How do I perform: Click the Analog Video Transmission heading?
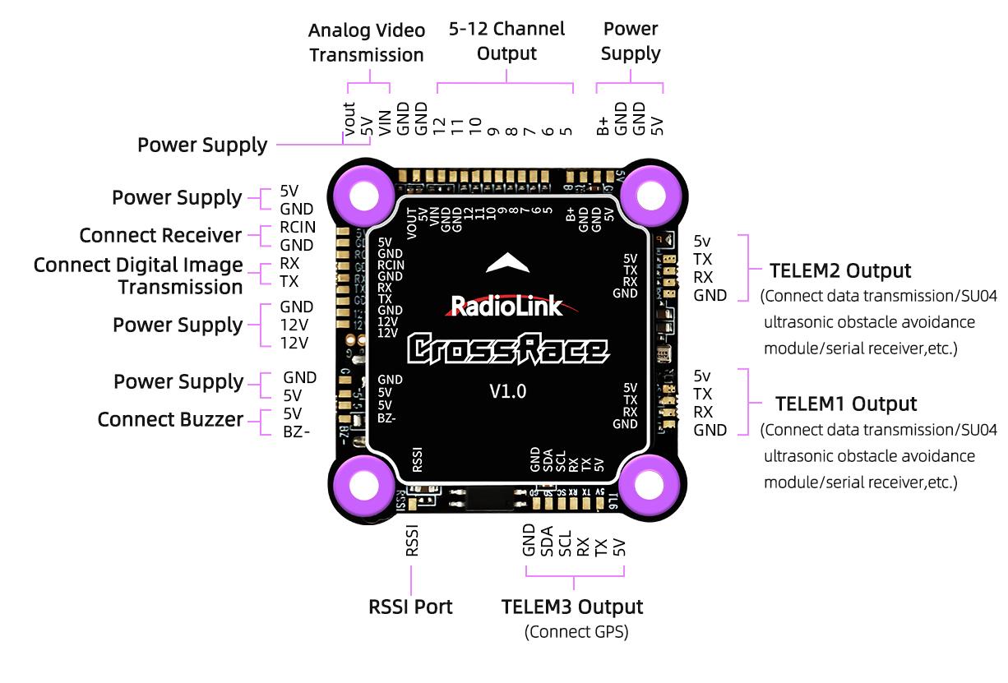click(367, 43)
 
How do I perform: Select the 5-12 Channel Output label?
click(506, 41)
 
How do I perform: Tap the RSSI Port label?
click(410, 607)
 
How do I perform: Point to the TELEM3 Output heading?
click(572, 607)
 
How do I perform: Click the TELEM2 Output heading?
click(839, 270)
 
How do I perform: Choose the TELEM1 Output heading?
click(846, 404)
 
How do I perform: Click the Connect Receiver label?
click(160, 236)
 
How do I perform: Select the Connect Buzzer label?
click(170, 419)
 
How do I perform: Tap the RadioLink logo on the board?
click(506, 307)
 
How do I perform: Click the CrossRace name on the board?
click(508, 348)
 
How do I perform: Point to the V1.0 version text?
click(507, 391)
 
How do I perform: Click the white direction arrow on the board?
click(510, 262)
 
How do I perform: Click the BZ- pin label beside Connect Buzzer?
click(297, 431)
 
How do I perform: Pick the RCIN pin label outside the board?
click(297, 229)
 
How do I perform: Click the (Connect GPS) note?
click(576, 632)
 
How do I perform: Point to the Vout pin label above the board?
click(349, 120)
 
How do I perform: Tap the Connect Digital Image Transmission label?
click(138, 276)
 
